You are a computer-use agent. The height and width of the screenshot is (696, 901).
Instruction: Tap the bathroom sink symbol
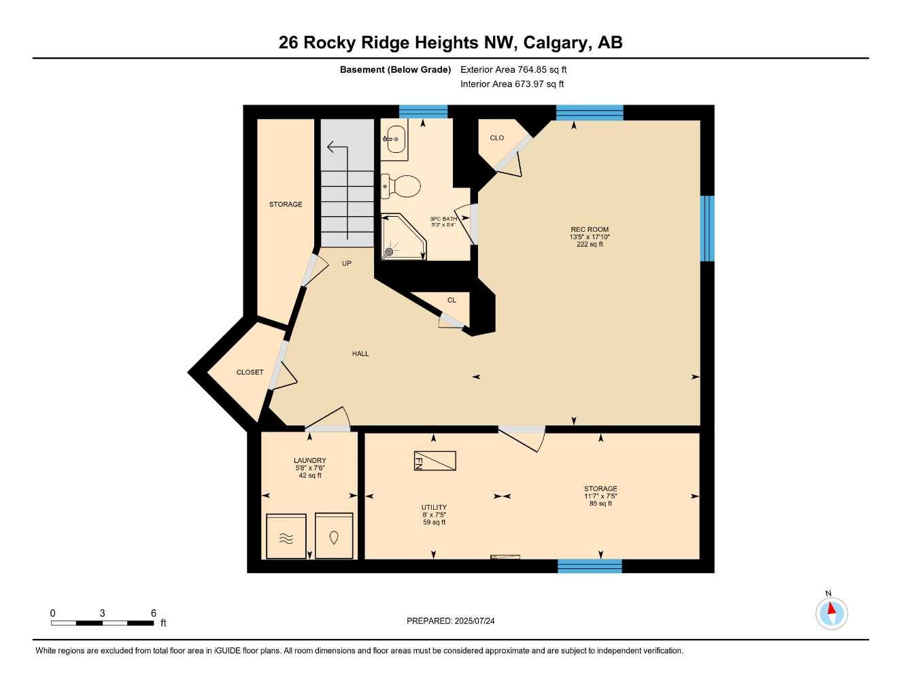coord(394,139)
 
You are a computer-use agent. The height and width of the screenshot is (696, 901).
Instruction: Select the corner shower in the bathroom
coord(402,238)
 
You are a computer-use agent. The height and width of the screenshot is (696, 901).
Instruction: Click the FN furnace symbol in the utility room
coord(435,461)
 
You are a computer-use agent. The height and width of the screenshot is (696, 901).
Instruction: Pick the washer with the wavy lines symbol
coord(286,536)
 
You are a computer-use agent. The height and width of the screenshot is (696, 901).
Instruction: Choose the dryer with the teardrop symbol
coord(334,536)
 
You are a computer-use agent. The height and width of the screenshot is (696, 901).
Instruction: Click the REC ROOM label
coord(590,230)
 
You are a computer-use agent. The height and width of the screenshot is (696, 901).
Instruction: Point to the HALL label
coord(360,353)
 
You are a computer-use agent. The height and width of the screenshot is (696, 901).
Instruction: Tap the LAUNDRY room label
coord(309,461)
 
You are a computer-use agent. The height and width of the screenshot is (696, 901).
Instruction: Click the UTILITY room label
coord(434,507)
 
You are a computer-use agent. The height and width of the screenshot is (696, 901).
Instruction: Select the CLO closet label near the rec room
coord(497,138)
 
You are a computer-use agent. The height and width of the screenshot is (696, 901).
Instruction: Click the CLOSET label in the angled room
coord(250,372)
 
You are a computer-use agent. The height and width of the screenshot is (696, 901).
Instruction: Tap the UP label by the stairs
coord(347,264)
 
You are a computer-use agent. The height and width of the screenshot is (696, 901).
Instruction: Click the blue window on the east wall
coord(707,228)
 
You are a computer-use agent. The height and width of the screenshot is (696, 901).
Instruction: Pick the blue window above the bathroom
coord(423,111)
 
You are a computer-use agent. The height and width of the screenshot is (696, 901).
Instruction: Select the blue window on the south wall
coord(590,565)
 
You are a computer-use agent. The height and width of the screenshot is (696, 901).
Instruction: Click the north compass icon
coord(831,613)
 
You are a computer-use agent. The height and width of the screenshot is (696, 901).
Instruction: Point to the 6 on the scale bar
coord(154,613)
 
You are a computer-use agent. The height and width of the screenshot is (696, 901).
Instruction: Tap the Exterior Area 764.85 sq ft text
coord(513,69)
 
